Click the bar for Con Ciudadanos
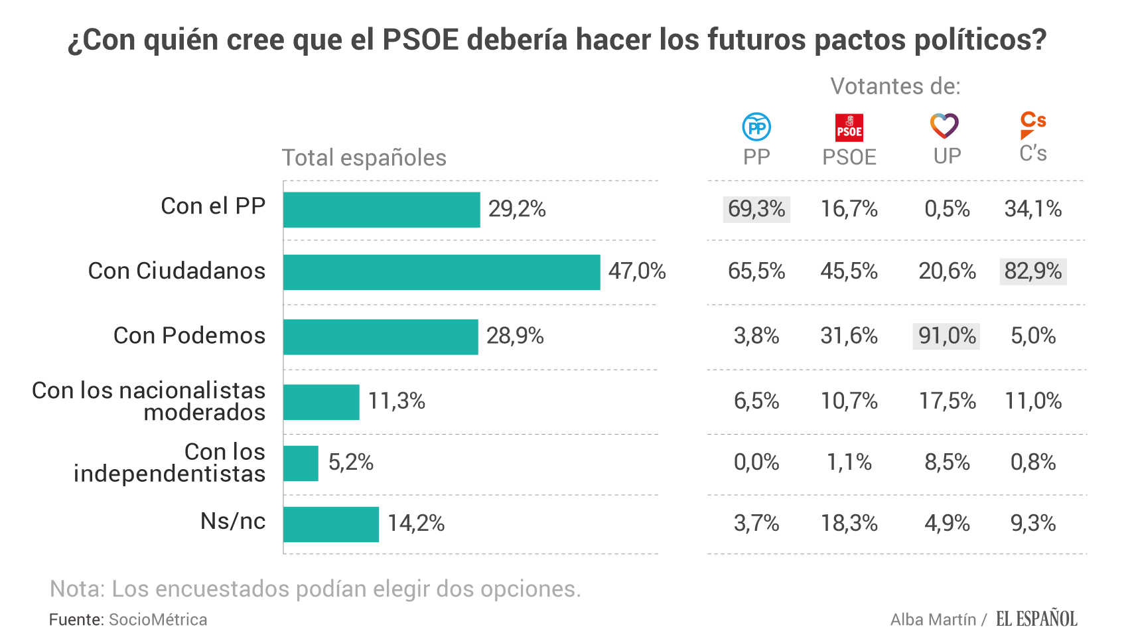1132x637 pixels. [x=441, y=272]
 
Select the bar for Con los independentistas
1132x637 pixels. [x=301, y=463]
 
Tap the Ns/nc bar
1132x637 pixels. [x=331, y=524]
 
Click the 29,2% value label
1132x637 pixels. [x=517, y=209]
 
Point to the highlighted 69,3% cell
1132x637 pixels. [x=756, y=209]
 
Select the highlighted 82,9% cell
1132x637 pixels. [x=1032, y=271]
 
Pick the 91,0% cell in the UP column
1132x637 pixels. [x=946, y=336]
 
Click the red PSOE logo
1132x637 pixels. [x=849, y=127]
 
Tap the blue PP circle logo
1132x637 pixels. [x=756, y=127]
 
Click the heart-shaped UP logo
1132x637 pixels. [x=944, y=125]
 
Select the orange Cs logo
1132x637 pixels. [x=1032, y=125]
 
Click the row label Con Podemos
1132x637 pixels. [x=189, y=336]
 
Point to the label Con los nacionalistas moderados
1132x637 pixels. [x=149, y=401]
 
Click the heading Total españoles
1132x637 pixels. [x=364, y=158]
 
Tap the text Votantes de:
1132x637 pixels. [x=895, y=86]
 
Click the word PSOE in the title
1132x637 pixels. [x=421, y=40]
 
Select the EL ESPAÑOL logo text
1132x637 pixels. [x=1036, y=619]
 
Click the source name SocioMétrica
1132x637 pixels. [x=158, y=620]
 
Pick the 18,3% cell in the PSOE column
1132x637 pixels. [x=849, y=524]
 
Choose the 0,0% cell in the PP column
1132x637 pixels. [x=756, y=462]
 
